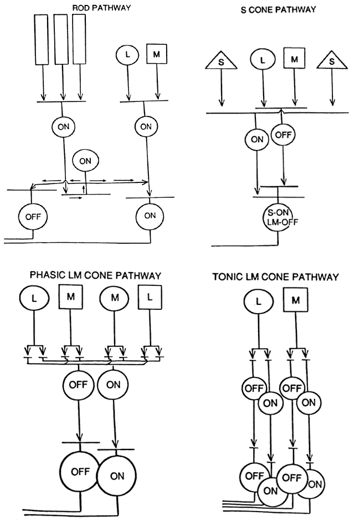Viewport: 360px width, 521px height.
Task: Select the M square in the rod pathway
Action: coord(157,54)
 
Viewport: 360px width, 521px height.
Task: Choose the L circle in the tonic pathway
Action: coord(257,302)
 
